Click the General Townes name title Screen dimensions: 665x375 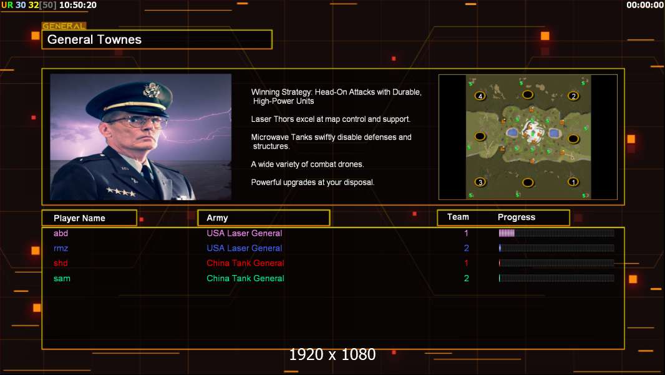(94, 39)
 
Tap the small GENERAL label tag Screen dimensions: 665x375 (64, 26)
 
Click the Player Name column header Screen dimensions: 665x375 (79, 218)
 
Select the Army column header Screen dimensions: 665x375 (217, 218)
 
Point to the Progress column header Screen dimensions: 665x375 (516, 217)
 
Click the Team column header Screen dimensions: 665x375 (458, 217)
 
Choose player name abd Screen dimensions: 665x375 (61, 233)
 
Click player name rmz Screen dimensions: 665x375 (61, 248)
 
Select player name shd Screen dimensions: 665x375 (61, 263)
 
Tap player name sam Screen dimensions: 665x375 (62, 279)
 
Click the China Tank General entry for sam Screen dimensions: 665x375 (245, 279)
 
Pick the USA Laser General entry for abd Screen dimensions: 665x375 (245, 233)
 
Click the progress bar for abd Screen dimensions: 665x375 (556, 232)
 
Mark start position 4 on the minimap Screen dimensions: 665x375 (480, 96)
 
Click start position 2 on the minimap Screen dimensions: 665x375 (573, 96)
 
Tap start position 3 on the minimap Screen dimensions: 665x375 (480, 182)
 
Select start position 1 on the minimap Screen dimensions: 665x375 (573, 182)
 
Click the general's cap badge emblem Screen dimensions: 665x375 (152, 90)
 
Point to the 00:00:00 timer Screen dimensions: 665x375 (644, 5)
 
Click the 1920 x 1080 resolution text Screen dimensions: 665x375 (332, 354)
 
